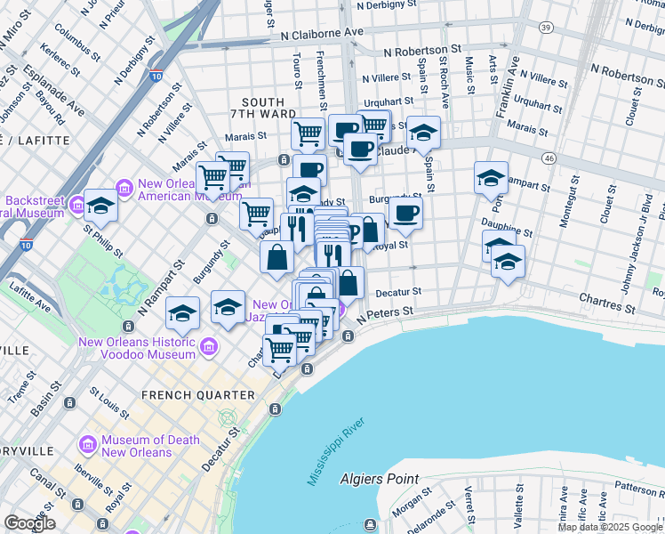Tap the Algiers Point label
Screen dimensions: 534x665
click(x=380, y=479)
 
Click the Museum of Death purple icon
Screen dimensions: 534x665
click(x=88, y=444)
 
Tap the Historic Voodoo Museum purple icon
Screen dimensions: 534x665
click(x=209, y=345)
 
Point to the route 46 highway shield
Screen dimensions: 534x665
click(x=550, y=158)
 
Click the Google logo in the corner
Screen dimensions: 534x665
click(x=29, y=523)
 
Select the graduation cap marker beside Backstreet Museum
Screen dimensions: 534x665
click(x=101, y=206)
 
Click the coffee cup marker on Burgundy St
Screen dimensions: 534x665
click(x=405, y=213)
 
